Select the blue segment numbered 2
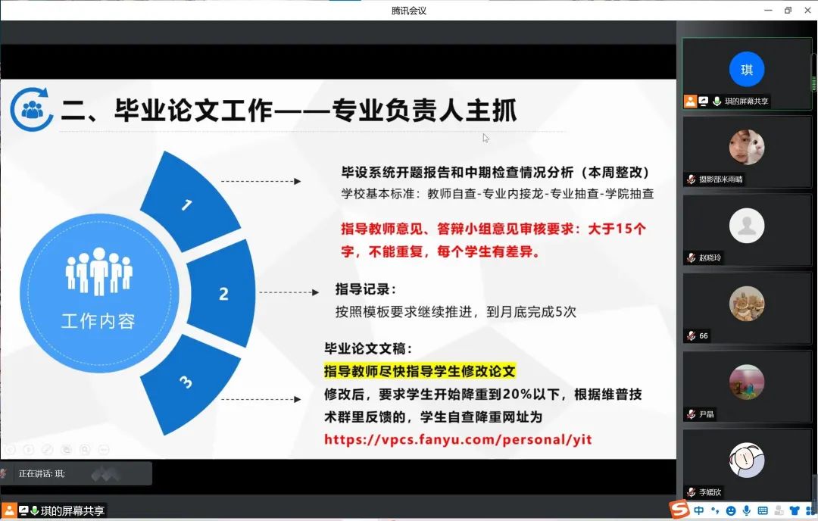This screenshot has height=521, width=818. tap(222, 294)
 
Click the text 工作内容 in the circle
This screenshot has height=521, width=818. tap(98, 321)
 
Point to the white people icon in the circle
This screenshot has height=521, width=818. tap(98, 272)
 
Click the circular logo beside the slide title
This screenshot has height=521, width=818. tap(31, 109)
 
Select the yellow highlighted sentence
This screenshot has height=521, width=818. tap(420, 371)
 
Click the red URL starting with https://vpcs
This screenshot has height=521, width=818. tap(458, 439)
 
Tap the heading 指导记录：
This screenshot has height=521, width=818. tap(366, 289)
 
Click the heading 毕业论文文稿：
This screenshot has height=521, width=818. tap(368, 348)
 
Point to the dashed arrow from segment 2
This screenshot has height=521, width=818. tap(289, 292)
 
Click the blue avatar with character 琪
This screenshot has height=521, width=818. tap(747, 70)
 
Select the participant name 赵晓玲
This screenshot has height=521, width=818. tap(710, 257)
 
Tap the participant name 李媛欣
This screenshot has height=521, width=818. tap(710, 491)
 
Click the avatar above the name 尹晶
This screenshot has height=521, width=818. tap(747, 382)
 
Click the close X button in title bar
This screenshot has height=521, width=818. tap(807, 10)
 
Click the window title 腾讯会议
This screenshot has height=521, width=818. tap(409, 11)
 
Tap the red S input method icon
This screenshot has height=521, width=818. tap(679, 508)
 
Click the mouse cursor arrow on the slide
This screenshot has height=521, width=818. tap(485, 139)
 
